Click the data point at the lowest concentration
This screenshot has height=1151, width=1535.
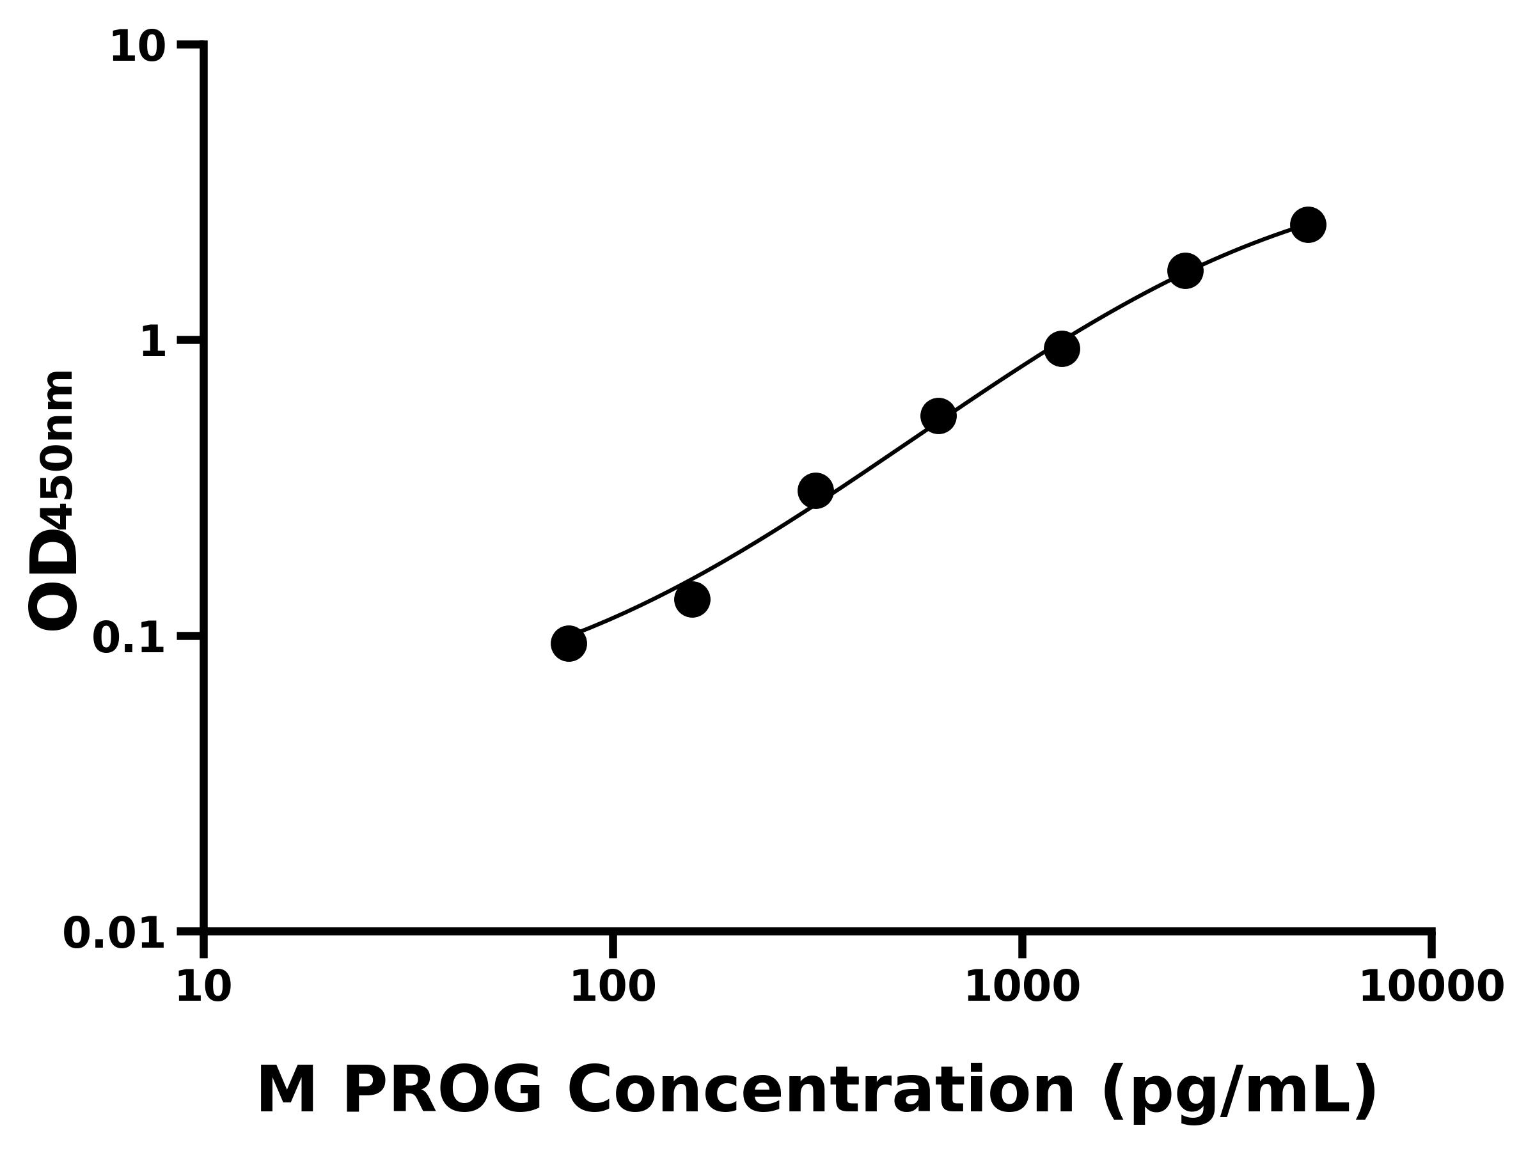pyautogui.click(x=569, y=643)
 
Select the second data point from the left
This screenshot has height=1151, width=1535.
pyautogui.click(x=692, y=599)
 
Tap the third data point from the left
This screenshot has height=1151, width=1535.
pyautogui.click(x=815, y=491)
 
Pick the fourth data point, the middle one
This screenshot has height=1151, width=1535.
pyautogui.click(x=938, y=416)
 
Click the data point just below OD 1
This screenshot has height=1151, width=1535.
pyautogui.click(x=1062, y=348)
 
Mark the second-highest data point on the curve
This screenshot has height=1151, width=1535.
pyautogui.click(x=1185, y=270)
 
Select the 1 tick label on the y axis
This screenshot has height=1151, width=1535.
pyautogui.click(x=153, y=343)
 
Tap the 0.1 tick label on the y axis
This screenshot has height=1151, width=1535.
pyautogui.click(x=129, y=638)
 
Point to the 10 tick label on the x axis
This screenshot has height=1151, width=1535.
pyautogui.click(x=203, y=987)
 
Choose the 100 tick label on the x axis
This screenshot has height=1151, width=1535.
pyautogui.click(x=613, y=987)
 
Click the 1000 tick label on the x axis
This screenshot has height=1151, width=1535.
pyautogui.click(x=1022, y=987)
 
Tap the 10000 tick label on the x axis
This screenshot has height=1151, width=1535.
pyautogui.click(x=1431, y=987)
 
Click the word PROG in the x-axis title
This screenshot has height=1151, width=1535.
pyautogui.click(x=442, y=1091)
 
